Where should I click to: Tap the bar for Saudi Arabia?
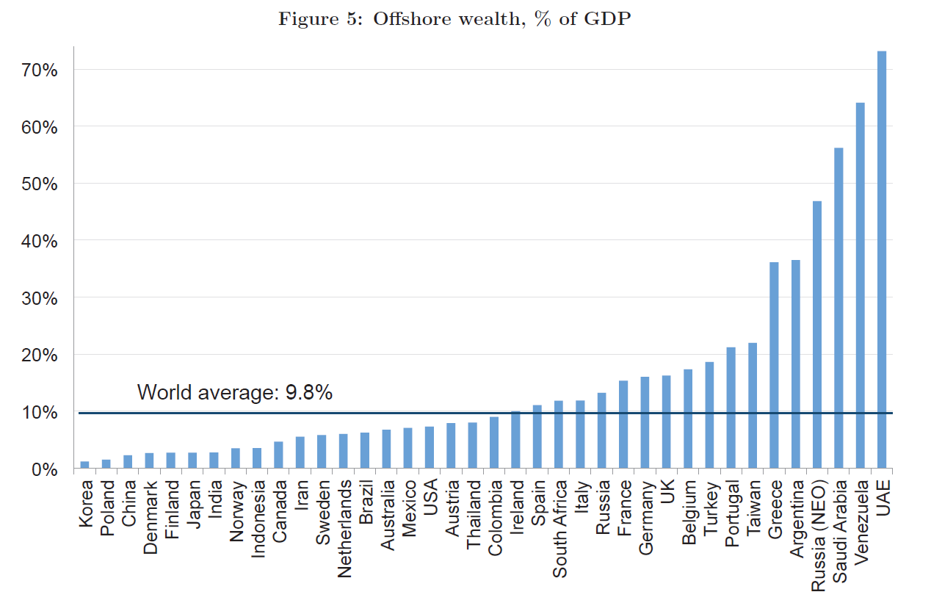838,308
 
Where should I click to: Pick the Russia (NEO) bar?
817,334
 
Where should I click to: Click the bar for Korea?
84,465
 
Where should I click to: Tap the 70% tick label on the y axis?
41,70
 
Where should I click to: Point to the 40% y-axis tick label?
41,241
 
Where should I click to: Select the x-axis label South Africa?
559,528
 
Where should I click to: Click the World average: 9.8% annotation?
234,393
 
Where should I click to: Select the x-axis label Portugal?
732,513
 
